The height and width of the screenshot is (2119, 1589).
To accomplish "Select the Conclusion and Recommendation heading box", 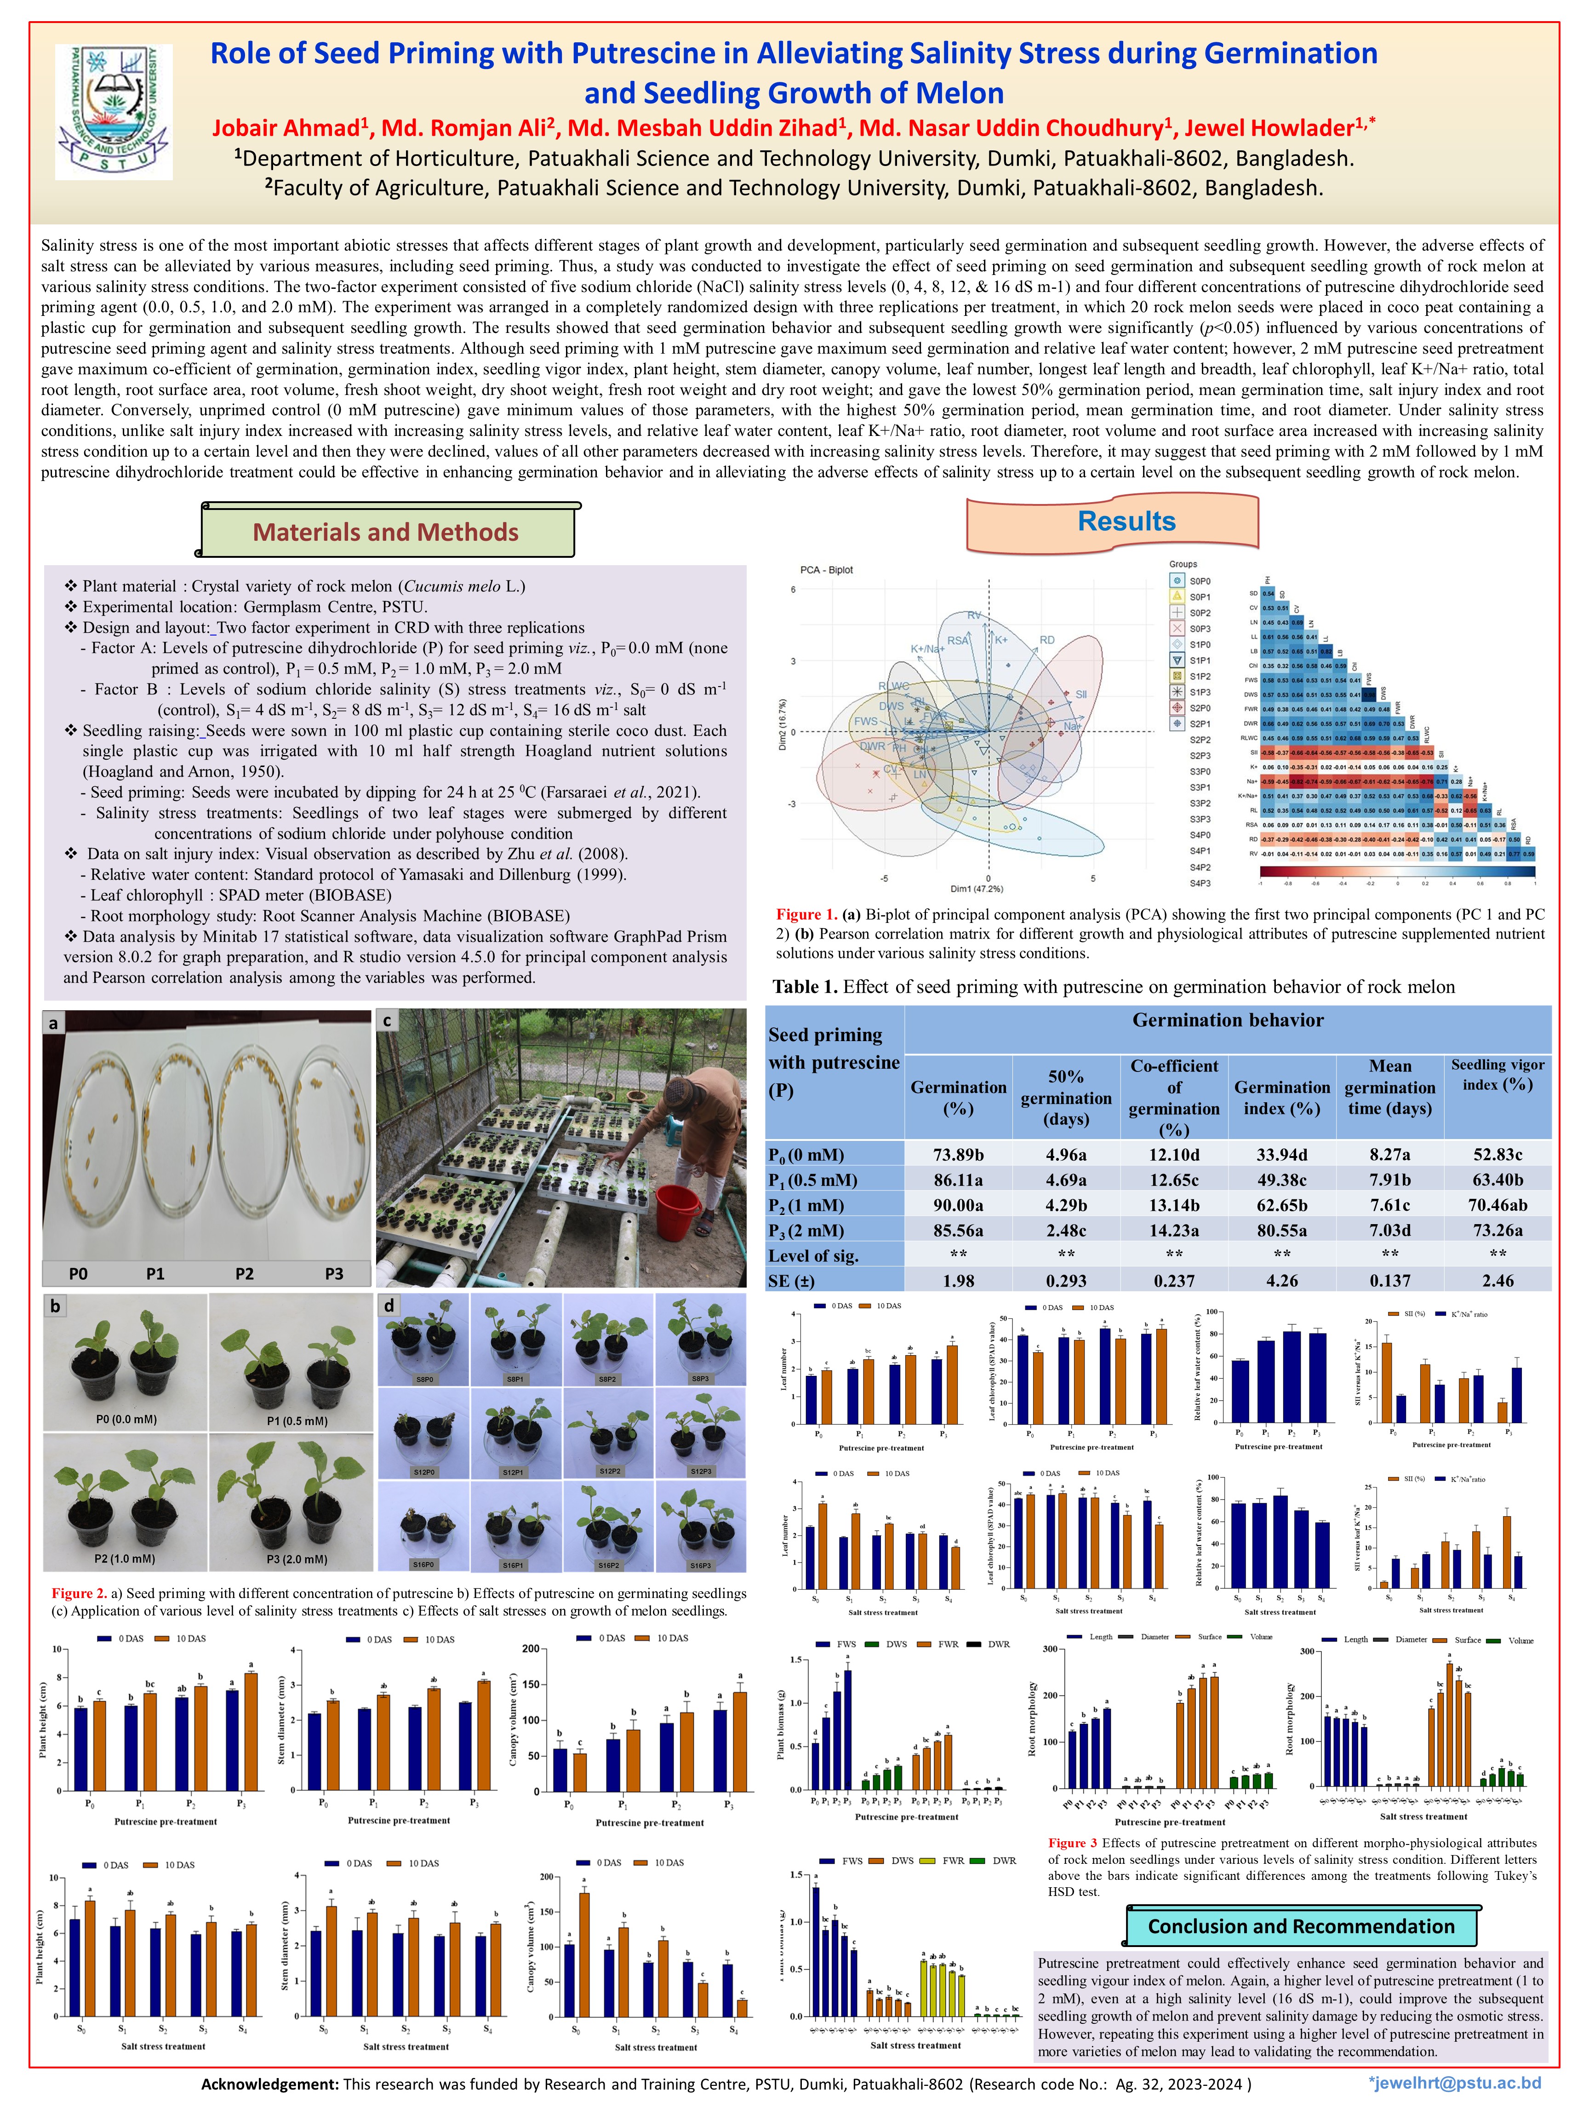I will pos(1301,1926).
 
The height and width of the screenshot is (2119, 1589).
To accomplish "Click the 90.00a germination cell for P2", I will pos(958,1205).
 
